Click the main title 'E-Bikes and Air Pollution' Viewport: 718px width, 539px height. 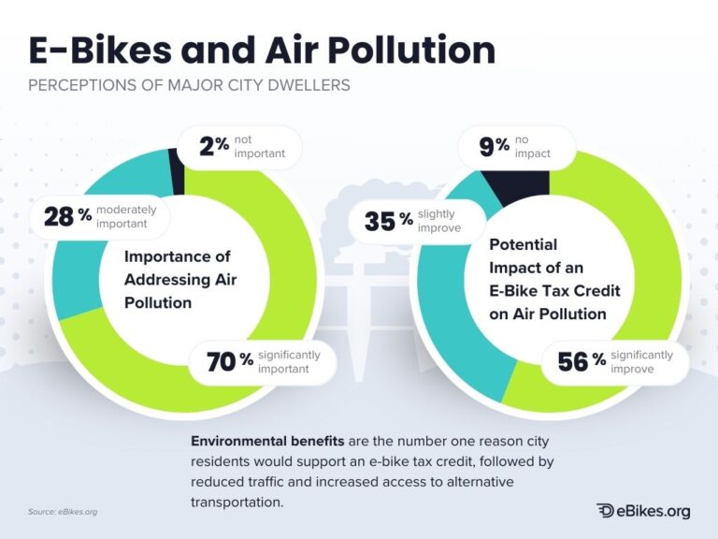click(x=261, y=51)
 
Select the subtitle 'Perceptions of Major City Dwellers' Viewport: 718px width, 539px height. click(x=189, y=86)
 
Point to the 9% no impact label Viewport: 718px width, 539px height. click(x=514, y=146)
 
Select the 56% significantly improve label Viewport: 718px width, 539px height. click(x=614, y=361)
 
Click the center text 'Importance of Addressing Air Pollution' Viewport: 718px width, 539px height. click(x=178, y=279)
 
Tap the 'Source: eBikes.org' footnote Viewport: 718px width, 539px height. click(x=63, y=512)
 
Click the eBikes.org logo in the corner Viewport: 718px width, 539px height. click(x=644, y=510)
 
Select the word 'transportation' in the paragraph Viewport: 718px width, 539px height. click(x=235, y=503)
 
